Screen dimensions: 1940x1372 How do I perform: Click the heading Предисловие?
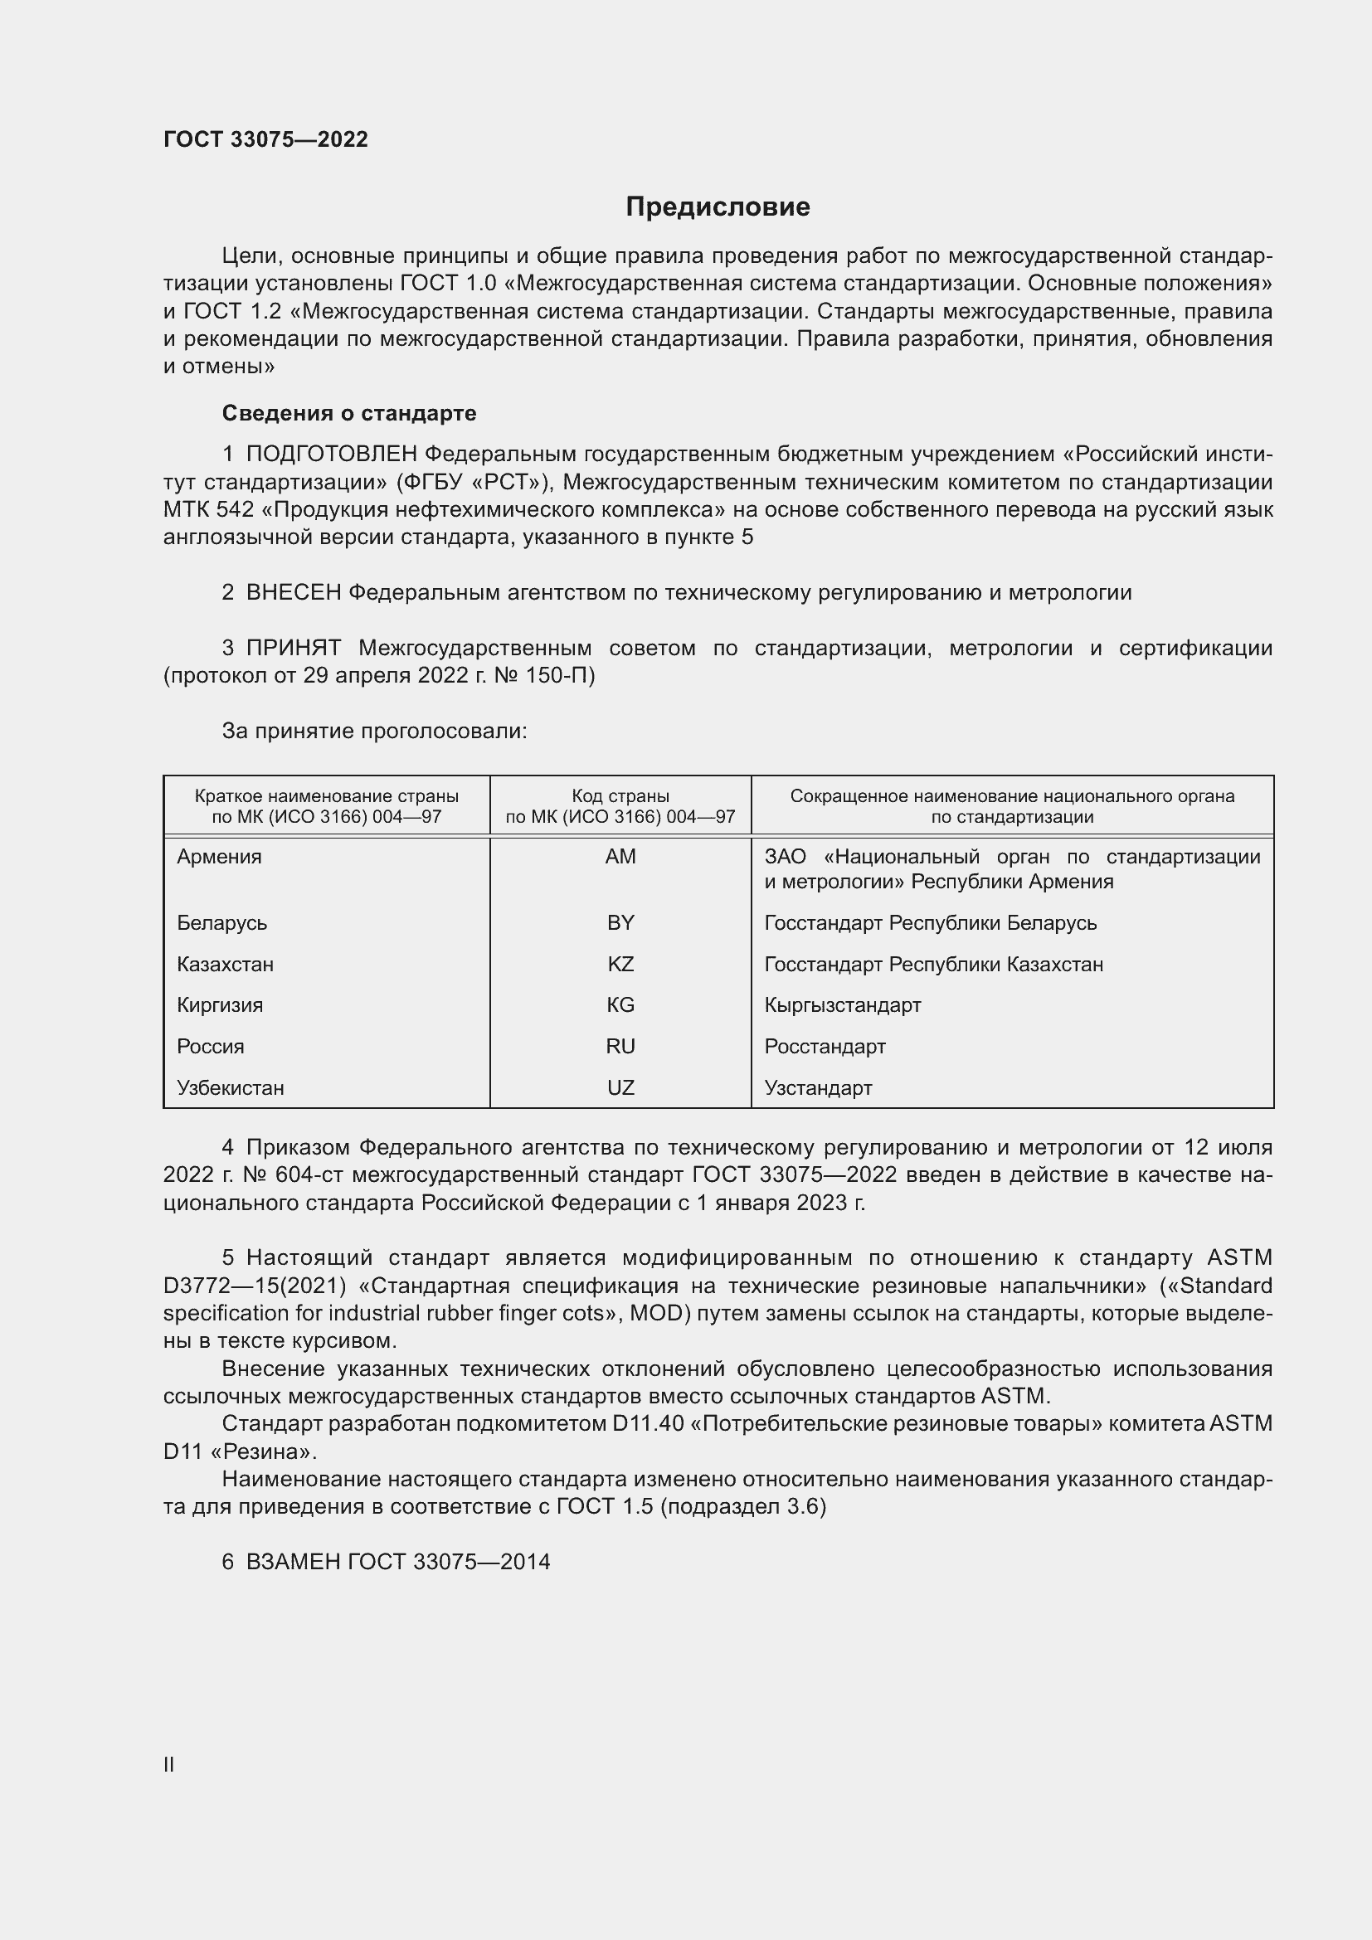[x=718, y=207]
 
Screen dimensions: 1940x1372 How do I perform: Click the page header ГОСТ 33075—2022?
[x=265, y=139]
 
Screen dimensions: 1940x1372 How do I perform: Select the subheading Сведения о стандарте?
[x=349, y=413]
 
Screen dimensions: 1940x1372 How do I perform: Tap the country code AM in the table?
[x=620, y=857]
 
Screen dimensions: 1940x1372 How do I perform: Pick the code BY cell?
[x=620, y=922]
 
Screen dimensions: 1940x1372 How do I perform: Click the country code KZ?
[x=620, y=964]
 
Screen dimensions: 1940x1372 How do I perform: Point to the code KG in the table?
[x=620, y=1004]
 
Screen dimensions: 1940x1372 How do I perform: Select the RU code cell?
[x=620, y=1046]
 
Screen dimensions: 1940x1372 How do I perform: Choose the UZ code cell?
[x=620, y=1087]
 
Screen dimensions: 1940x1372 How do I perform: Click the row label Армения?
[x=220, y=857]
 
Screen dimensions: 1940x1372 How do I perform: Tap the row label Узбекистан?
[x=231, y=1087]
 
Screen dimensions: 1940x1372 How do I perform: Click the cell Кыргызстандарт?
[x=842, y=1004]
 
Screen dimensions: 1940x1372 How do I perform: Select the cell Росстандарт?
[x=825, y=1046]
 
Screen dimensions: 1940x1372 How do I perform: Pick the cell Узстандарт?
[x=818, y=1087]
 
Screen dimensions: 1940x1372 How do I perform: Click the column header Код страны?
[x=620, y=796]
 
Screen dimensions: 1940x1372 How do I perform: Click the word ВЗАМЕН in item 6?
[x=293, y=1562]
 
